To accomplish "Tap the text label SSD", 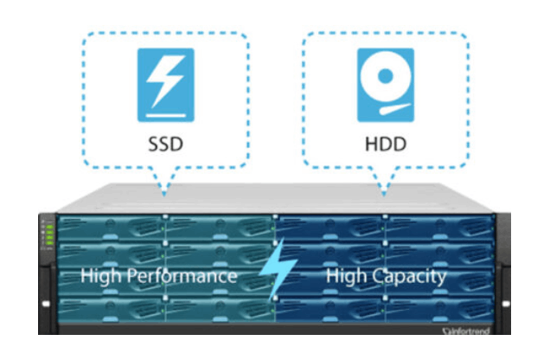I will (x=165, y=142).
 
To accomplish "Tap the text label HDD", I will (x=385, y=142).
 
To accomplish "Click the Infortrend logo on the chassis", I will (x=471, y=329).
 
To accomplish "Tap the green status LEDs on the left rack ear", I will (x=48, y=235).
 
